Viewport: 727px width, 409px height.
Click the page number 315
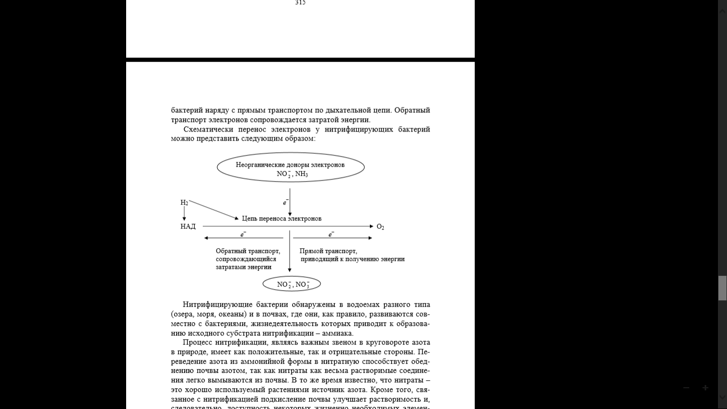[x=300, y=3]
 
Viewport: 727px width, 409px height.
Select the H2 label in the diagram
[x=184, y=203]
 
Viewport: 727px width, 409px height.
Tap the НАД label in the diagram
[x=188, y=227]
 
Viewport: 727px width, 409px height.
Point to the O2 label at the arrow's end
[x=380, y=227]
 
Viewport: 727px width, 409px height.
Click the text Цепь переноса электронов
[x=282, y=218]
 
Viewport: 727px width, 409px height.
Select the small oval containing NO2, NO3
[x=292, y=284]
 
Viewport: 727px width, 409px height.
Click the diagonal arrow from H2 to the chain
[x=213, y=210]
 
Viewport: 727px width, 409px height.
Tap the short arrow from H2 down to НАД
[x=184, y=214]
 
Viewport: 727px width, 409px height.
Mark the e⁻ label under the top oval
[x=285, y=202]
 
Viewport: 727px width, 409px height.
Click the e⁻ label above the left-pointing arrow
[x=243, y=234]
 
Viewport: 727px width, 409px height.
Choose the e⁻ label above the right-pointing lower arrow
[x=331, y=234]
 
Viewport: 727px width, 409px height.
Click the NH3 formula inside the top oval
[x=302, y=174]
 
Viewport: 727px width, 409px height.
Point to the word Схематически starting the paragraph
[x=205, y=129]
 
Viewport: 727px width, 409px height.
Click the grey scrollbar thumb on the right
[x=722, y=288]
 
